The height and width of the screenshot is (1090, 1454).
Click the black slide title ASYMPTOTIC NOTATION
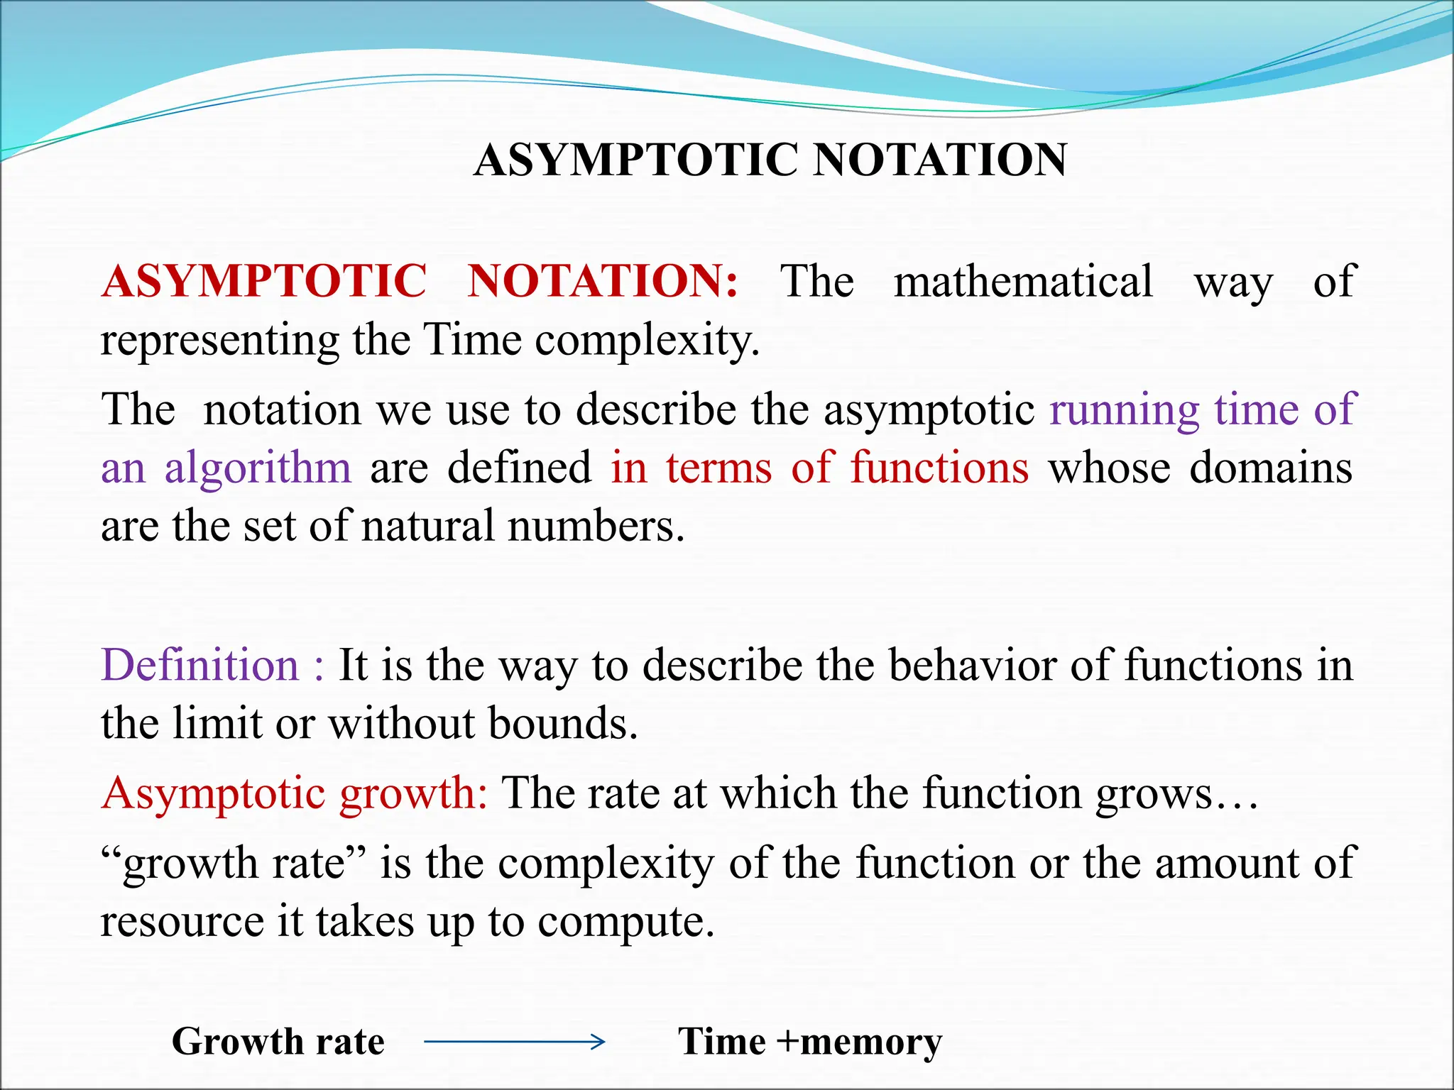click(770, 160)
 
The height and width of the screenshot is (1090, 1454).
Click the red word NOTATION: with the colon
click(603, 281)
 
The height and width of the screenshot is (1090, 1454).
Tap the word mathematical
click(1023, 281)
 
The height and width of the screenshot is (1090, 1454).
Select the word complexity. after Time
click(647, 341)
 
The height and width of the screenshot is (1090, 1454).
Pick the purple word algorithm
click(258, 468)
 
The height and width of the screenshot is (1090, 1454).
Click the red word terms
click(718, 468)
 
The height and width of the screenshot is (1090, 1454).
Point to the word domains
click(1271, 468)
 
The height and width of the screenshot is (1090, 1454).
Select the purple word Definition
click(200, 666)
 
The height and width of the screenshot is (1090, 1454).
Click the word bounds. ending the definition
click(564, 724)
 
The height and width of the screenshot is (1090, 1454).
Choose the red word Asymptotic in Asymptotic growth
click(214, 793)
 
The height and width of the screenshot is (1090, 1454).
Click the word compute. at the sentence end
click(625, 922)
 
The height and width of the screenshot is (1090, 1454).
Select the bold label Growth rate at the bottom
click(278, 1042)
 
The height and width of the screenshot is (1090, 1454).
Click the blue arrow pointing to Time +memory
click(514, 1042)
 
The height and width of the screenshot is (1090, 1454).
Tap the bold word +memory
click(860, 1042)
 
